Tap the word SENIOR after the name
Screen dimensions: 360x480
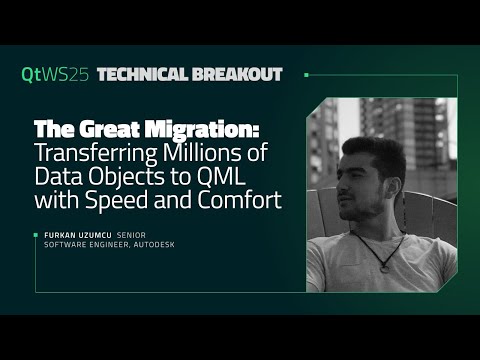[x=134, y=237]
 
